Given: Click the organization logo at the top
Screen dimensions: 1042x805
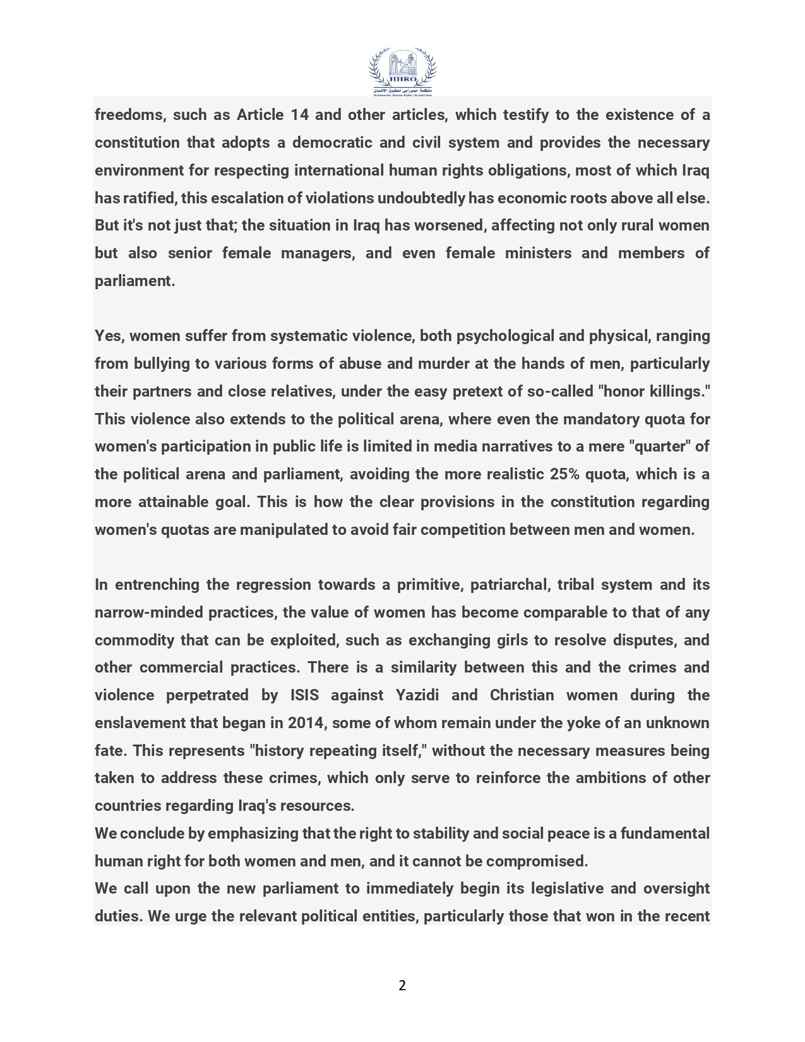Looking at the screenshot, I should click(402, 72).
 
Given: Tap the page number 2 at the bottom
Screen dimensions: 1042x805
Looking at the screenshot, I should click(402, 985).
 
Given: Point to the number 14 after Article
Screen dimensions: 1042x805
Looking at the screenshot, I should click(299, 115).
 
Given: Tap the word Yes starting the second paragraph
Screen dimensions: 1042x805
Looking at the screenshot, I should click(108, 336).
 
